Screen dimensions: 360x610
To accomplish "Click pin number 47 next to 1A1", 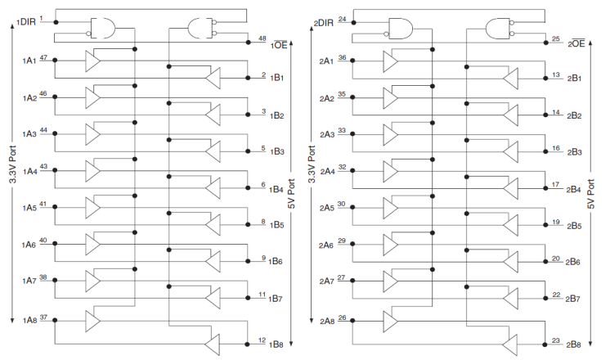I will (43, 59).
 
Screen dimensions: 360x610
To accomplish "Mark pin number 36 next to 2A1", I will (341, 59).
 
